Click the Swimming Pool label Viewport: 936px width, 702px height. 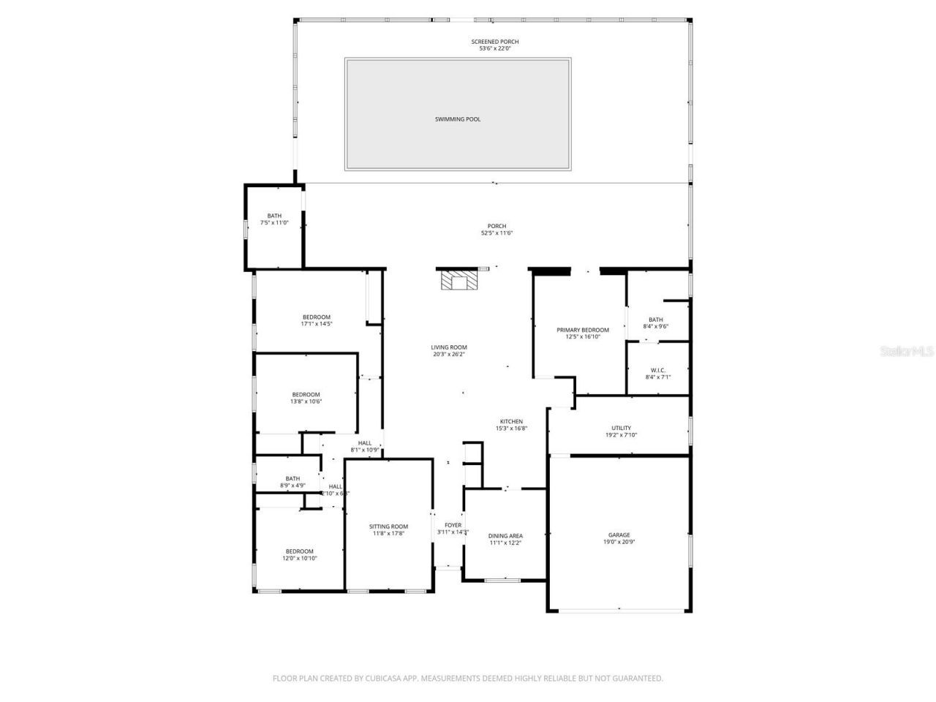pyautogui.click(x=458, y=119)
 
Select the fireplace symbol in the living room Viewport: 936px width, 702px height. pyautogui.click(x=458, y=282)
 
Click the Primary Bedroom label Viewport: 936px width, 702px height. pyautogui.click(x=582, y=330)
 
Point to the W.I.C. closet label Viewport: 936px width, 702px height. pyautogui.click(x=657, y=370)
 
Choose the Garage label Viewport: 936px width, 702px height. pyautogui.click(x=619, y=535)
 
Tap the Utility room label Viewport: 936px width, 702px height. pyautogui.click(x=621, y=428)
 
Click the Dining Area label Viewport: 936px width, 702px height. pyautogui.click(x=505, y=536)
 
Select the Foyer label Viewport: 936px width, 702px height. pyautogui.click(x=453, y=525)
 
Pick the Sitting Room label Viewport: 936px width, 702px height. pyautogui.click(x=388, y=526)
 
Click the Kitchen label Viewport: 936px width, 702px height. pyautogui.click(x=511, y=421)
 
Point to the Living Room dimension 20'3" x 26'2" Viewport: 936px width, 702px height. pyautogui.click(x=448, y=355)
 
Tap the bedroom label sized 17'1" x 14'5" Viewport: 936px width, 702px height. pyautogui.click(x=317, y=317)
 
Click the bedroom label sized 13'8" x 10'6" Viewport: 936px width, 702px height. pyautogui.click(x=306, y=395)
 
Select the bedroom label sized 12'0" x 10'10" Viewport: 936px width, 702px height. pyautogui.click(x=300, y=551)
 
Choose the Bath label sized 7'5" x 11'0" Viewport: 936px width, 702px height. pyautogui.click(x=274, y=216)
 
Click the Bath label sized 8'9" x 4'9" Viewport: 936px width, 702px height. pyautogui.click(x=292, y=479)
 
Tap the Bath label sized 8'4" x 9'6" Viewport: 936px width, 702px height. pyautogui.click(x=656, y=320)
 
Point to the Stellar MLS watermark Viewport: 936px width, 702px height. pyautogui.click(x=907, y=351)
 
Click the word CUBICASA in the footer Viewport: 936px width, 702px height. pyautogui.click(x=385, y=679)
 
